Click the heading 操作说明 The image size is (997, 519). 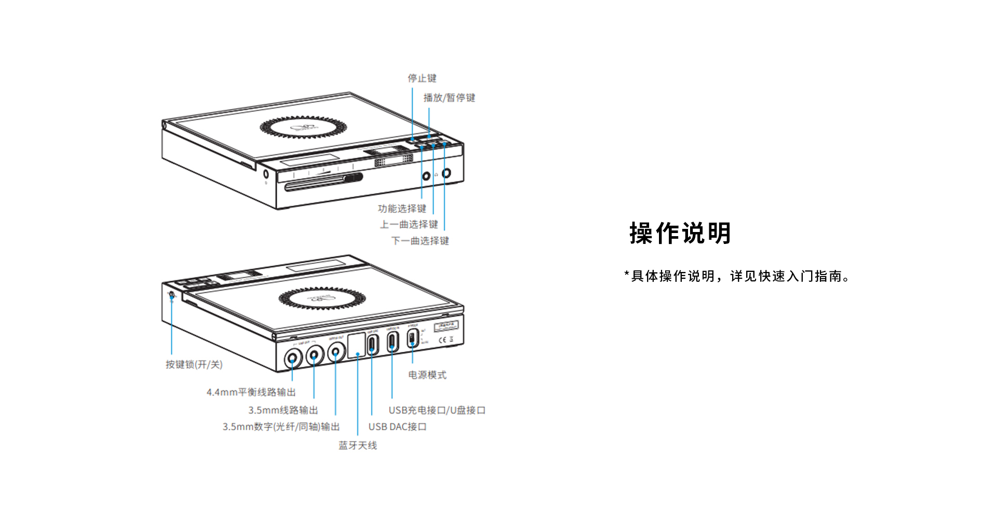click(680, 233)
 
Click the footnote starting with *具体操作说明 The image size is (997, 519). click(737, 276)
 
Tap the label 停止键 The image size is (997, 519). click(422, 78)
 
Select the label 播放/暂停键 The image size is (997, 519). click(449, 98)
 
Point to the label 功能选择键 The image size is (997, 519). click(402, 209)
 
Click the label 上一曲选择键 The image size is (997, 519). click(409, 224)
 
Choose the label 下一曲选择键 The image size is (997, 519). click(420, 241)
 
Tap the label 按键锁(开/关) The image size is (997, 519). click(194, 364)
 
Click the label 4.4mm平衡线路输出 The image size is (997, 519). click(251, 392)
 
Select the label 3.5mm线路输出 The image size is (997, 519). click(283, 410)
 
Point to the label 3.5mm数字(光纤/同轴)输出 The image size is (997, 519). click(281, 427)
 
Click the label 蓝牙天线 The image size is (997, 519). click(358, 445)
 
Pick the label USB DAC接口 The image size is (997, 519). click(397, 427)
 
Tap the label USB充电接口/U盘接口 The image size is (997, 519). click(437, 410)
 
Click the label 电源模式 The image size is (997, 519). click(427, 375)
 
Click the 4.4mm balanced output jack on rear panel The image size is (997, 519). click(292, 358)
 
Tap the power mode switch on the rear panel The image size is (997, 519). click(412, 338)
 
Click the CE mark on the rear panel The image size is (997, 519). click(442, 340)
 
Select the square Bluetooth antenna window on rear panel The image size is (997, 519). click(356, 346)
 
